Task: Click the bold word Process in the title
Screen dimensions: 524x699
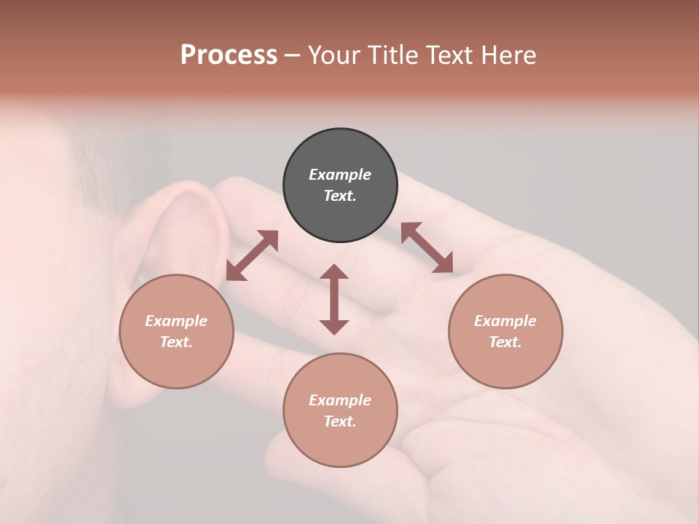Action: pyautogui.click(x=229, y=55)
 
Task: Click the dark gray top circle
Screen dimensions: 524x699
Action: pyautogui.click(x=340, y=149)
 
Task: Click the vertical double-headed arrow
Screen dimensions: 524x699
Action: pyautogui.click(x=334, y=299)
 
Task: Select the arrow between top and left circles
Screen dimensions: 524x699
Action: pyautogui.click(x=252, y=255)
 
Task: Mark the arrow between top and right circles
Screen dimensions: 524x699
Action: pyautogui.click(x=427, y=247)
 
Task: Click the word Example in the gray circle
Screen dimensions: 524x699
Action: pyautogui.click(x=340, y=175)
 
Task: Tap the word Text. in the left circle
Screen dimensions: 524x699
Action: pyautogui.click(x=176, y=342)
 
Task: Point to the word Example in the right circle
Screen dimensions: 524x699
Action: pyautogui.click(x=505, y=321)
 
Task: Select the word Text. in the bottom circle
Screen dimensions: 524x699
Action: pyautogui.click(x=340, y=421)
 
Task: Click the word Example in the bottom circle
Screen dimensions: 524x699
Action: pyautogui.click(x=340, y=400)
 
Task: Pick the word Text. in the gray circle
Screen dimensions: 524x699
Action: pyautogui.click(x=340, y=196)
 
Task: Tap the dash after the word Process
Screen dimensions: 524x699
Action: pyautogui.click(x=292, y=56)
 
